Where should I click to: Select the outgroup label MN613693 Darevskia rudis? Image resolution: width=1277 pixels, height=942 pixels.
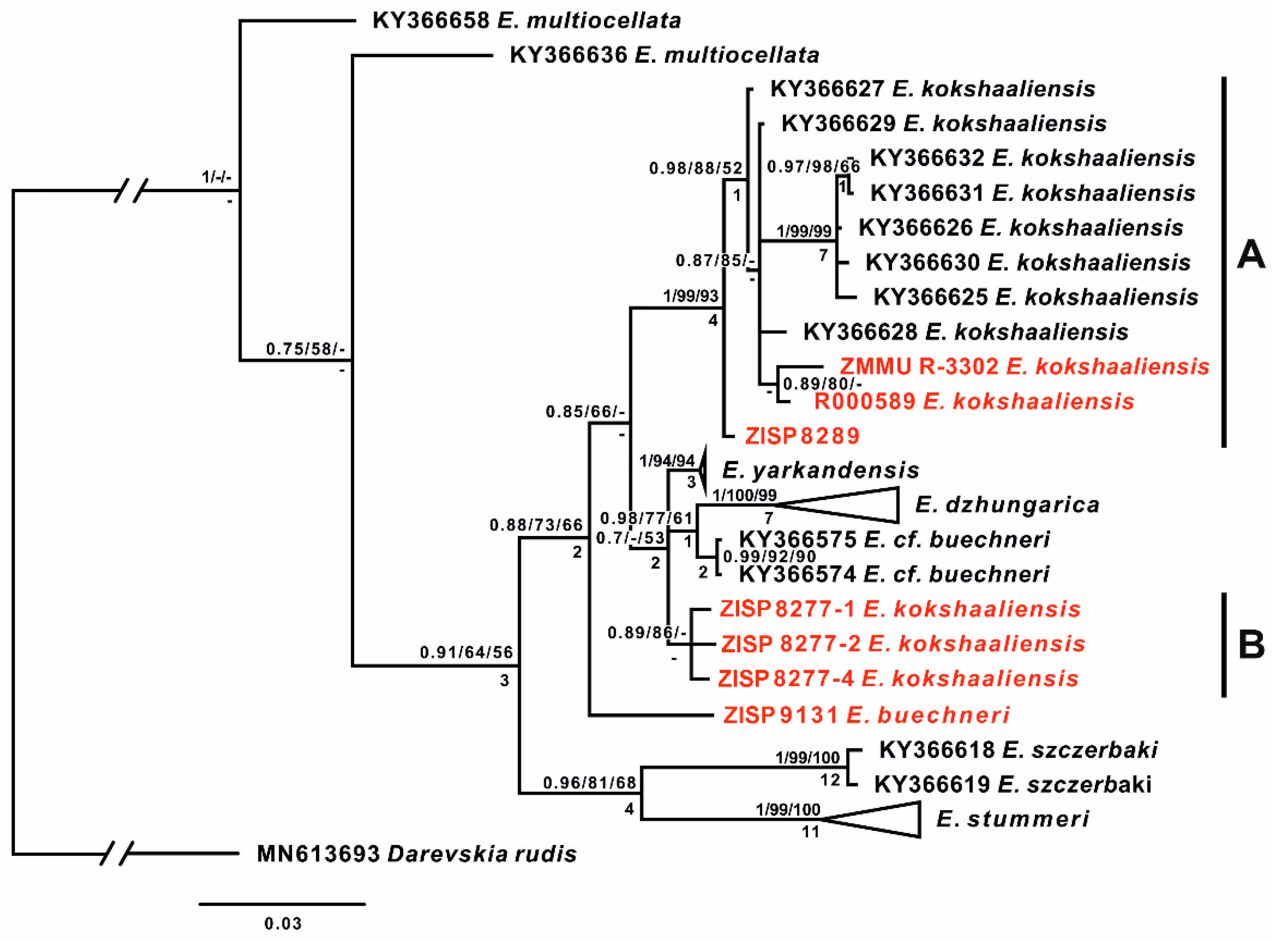[416, 854]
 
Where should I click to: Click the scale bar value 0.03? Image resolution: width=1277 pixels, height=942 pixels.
[282, 923]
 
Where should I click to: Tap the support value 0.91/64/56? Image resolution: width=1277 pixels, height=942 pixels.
[466, 652]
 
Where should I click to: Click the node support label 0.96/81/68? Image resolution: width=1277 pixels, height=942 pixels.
[590, 783]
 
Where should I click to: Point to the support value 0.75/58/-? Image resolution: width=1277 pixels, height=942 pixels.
[305, 348]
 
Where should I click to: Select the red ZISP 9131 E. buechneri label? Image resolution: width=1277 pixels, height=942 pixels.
[866, 715]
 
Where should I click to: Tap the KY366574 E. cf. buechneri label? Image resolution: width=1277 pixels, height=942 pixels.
[893, 574]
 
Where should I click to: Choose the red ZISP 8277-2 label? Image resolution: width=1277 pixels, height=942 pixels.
[903, 644]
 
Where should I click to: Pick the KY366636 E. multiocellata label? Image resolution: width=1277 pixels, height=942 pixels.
[664, 55]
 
